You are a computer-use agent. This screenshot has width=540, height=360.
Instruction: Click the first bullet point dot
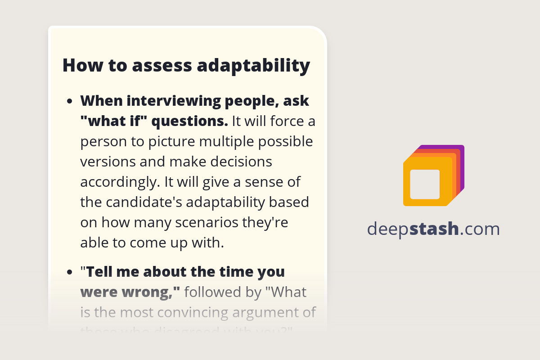click(x=69, y=102)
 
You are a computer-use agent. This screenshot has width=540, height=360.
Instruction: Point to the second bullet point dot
click(x=69, y=273)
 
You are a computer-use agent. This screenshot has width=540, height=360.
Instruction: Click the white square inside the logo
click(x=425, y=184)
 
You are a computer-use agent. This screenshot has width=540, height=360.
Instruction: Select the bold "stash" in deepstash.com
click(x=434, y=229)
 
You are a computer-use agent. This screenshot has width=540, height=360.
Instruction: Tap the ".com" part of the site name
click(x=480, y=229)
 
